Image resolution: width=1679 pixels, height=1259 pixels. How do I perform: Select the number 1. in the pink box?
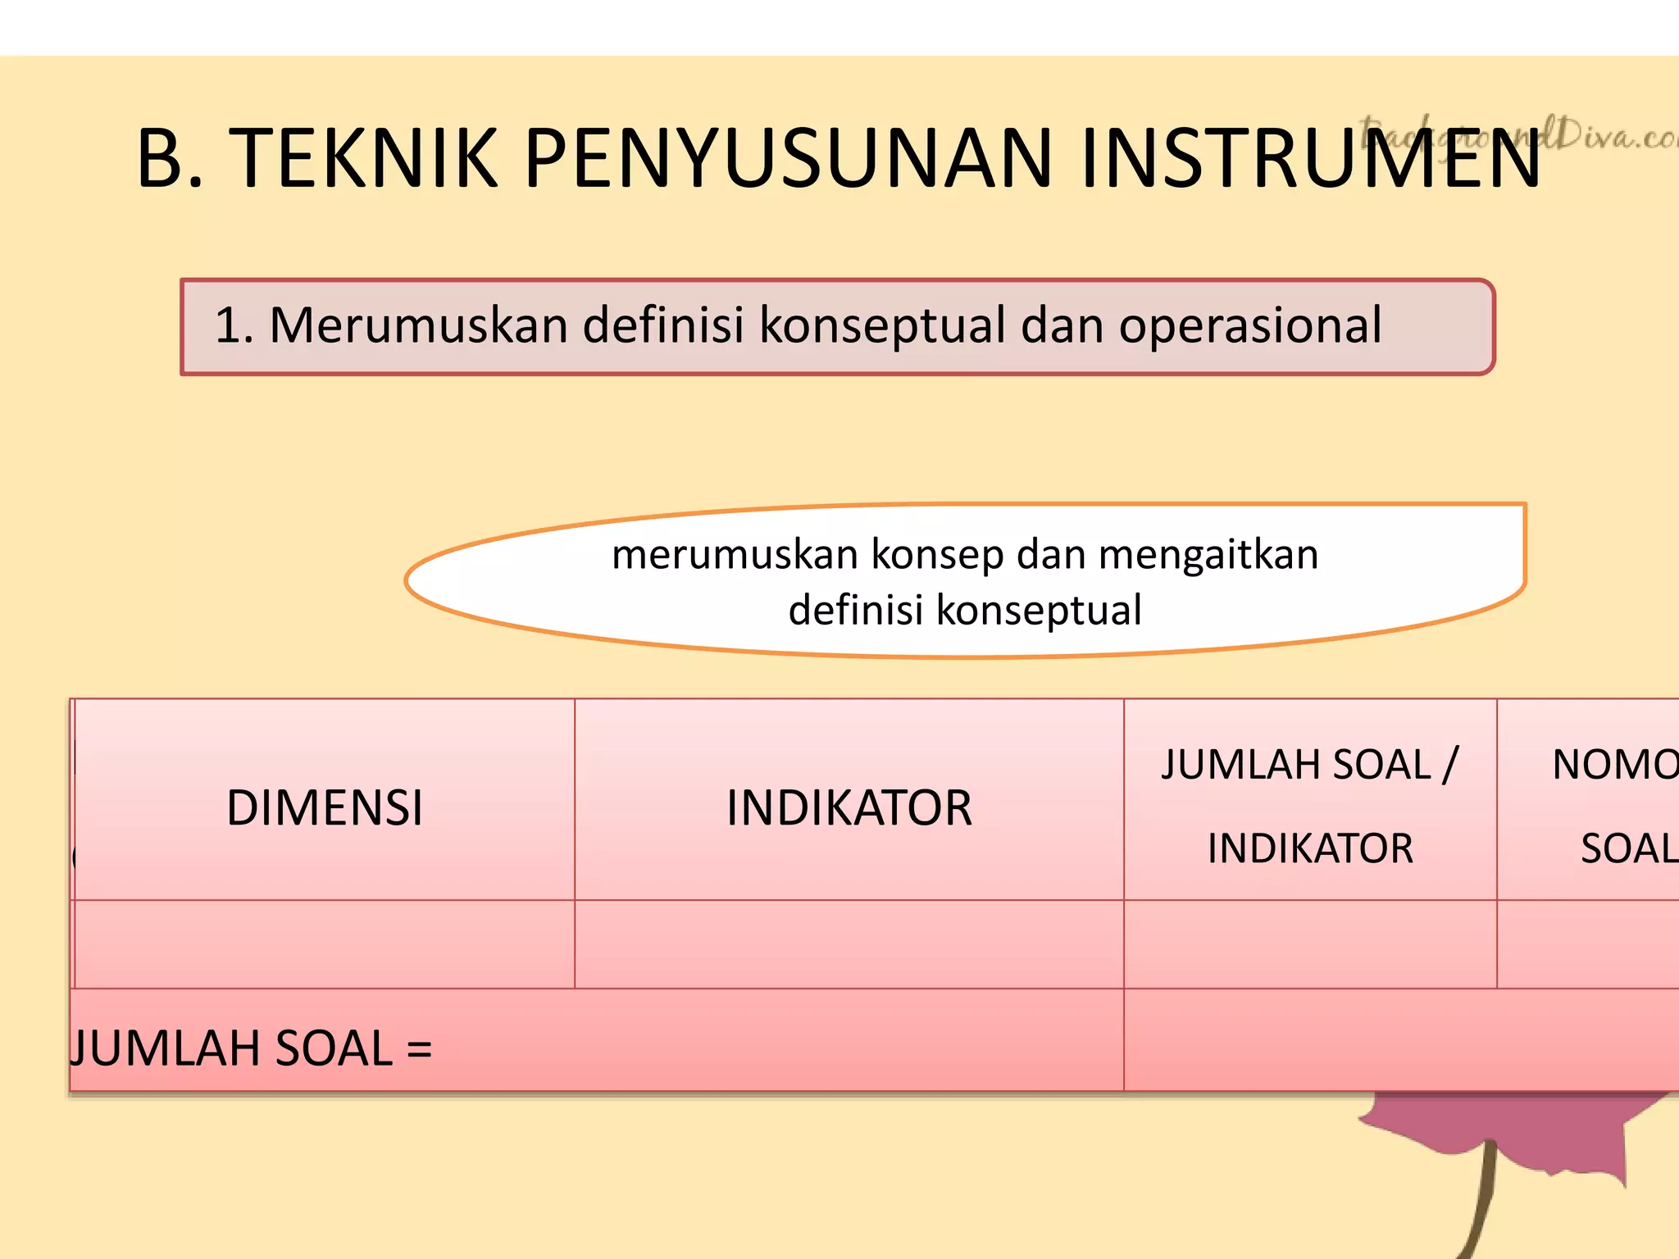tap(234, 325)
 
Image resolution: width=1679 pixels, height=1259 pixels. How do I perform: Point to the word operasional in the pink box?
tap(1250, 325)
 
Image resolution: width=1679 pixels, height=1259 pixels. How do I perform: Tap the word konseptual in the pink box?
tap(882, 325)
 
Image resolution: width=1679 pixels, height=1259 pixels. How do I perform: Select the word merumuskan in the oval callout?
tap(735, 555)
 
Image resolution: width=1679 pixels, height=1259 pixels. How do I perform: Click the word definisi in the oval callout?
tap(855, 611)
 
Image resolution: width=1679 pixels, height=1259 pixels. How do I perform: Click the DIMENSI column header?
tap(325, 808)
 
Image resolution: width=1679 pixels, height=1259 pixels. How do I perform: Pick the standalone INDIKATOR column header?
tap(849, 808)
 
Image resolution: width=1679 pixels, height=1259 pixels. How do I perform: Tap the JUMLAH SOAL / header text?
tap(1309, 765)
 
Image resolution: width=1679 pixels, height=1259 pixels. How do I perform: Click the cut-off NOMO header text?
tap(1613, 765)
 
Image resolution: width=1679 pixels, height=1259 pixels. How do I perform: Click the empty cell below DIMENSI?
tap(325, 944)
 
